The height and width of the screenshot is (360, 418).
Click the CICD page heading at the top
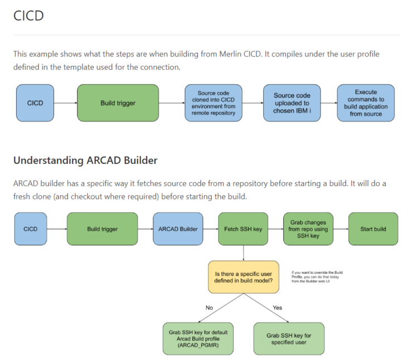pyautogui.click(x=28, y=16)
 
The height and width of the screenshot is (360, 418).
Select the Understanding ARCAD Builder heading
pyautogui.click(x=85, y=160)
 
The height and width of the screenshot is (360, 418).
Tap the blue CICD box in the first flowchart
pyautogui.click(x=35, y=103)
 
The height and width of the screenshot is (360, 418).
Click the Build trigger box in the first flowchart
pyautogui.click(x=118, y=103)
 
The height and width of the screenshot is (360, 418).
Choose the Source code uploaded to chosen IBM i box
pyautogui.click(x=291, y=103)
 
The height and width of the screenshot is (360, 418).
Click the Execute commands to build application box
pyautogui.click(x=365, y=103)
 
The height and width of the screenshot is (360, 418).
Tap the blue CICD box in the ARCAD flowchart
pyautogui.click(x=31, y=228)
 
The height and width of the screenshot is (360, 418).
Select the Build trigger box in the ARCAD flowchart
pyautogui.click(x=102, y=228)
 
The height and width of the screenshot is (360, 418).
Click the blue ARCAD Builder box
pyautogui.click(x=178, y=228)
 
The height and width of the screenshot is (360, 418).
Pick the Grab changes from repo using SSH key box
pyautogui.click(x=308, y=228)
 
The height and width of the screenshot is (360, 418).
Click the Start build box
pyautogui.click(x=373, y=228)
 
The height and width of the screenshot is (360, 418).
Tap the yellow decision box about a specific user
pyautogui.click(x=244, y=277)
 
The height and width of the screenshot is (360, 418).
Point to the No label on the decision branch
pyautogui.click(x=209, y=307)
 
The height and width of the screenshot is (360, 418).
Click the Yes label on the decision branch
pyautogui.click(x=277, y=307)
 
